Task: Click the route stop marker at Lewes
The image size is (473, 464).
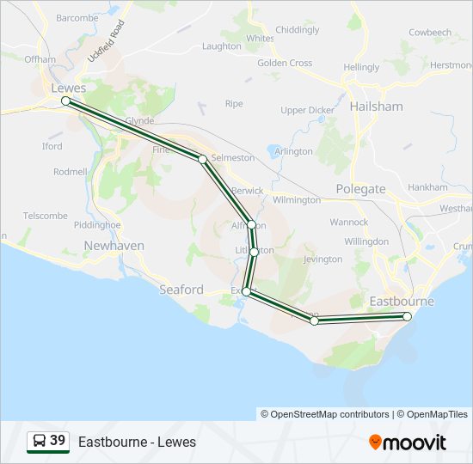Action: [x=65, y=101]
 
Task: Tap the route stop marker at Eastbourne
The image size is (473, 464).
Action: [x=407, y=316]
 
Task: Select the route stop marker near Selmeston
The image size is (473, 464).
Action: [x=202, y=159]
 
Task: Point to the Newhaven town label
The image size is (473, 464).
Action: [x=114, y=246]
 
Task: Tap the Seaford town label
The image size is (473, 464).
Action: [x=181, y=290]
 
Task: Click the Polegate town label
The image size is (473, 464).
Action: [x=360, y=188]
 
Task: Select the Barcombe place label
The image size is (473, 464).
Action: [x=77, y=17]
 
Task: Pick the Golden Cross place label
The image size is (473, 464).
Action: [x=285, y=63]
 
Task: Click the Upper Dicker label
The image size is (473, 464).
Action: [x=307, y=110]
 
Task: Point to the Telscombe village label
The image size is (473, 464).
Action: [x=45, y=216]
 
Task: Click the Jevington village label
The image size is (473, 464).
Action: [x=322, y=259]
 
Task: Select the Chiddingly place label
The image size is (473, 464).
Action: [x=297, y=29]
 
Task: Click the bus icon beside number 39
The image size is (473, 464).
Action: [x=39, y=441]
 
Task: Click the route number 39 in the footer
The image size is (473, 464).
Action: [x=58, y=441]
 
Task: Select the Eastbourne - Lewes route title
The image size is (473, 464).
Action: [x=137, y=442]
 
